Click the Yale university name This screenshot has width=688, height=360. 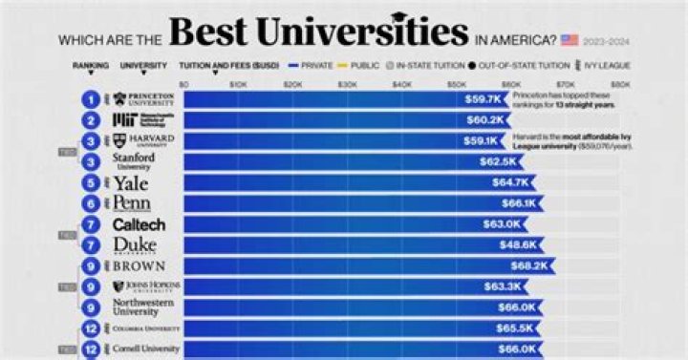point(131,182)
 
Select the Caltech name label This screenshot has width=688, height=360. point(139,224)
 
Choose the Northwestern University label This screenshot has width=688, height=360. point(143,307)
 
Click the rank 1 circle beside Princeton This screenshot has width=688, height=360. point(90,98)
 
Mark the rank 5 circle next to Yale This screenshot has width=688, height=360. point(90,182)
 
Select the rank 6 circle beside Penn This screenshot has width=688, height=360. point(90,203)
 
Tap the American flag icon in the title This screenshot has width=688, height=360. point(570,40)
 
